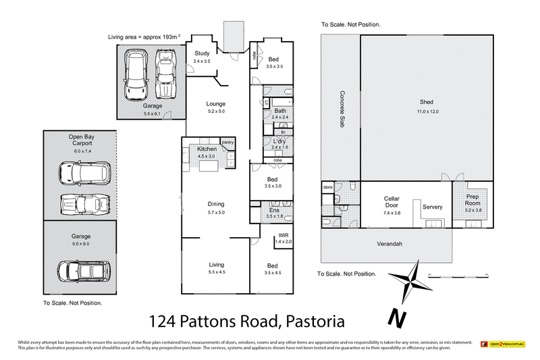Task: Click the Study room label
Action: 202,53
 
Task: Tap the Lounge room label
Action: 215,104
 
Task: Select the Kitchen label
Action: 206,149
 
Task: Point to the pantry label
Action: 227,142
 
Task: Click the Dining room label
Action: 215,204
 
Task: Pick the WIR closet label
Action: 282,236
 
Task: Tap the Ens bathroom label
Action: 273,211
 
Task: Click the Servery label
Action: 432,207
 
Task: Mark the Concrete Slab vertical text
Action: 342,109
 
